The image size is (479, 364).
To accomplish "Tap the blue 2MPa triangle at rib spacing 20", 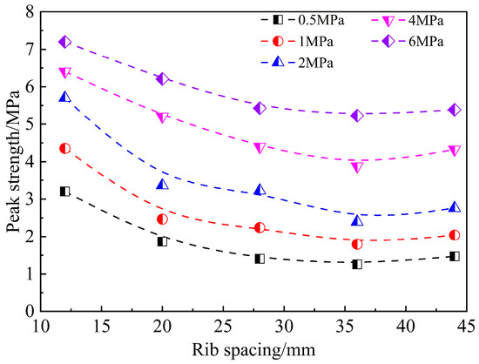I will [x=162, y=184].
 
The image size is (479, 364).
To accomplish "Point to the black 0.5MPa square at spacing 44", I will [x=454, y=256].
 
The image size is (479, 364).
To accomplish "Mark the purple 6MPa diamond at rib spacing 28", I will [x=260, y=108].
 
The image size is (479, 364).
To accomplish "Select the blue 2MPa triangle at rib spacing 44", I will [x=454, y=207].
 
